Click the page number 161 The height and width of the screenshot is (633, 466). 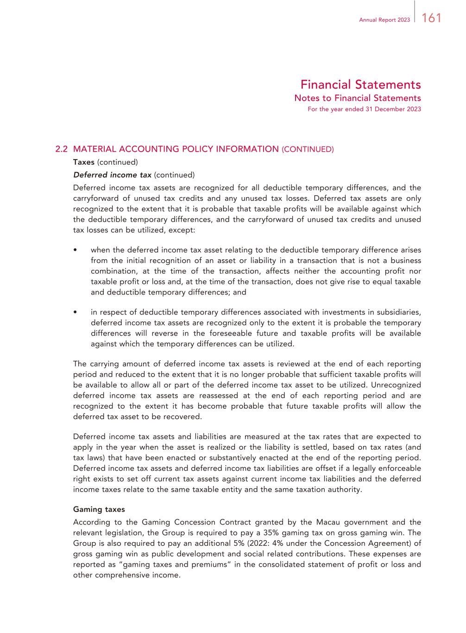431,18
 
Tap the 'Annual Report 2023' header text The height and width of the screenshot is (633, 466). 384,20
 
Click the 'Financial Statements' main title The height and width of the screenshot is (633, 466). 360,85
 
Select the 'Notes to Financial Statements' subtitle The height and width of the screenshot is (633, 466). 358,98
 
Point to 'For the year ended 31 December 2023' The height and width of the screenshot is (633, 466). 364,109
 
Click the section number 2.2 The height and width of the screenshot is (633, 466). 62,149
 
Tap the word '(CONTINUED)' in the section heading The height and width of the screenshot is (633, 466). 308,149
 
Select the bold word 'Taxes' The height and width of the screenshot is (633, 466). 84,162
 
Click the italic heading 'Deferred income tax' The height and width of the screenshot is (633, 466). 112,175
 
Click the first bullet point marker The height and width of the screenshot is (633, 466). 75,250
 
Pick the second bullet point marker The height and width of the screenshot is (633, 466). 75,313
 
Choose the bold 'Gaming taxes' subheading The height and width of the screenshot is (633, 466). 99,509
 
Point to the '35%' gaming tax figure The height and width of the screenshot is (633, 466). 271,533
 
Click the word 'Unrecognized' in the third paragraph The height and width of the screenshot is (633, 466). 396,385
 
